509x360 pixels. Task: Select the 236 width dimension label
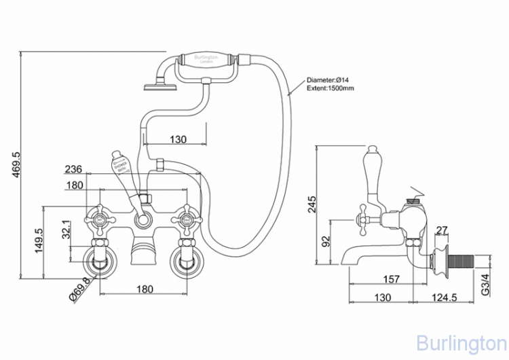(74, 169)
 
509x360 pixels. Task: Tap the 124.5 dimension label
(448, 297)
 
